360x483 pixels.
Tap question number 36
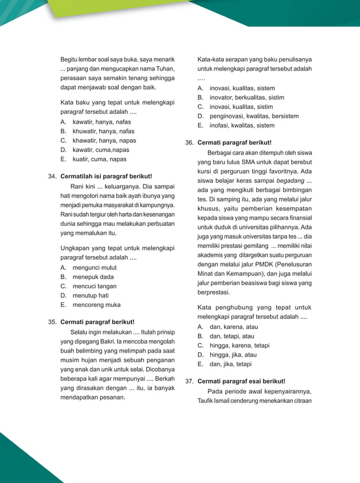pyautogui.click(x=190, y=143)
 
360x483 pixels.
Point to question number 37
pyautogui.click(x=190, y=381)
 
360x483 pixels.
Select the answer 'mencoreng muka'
pyautogui.click(x=96, y=305)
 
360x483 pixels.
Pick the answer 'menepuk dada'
pyautogui.click(x=93, y=277)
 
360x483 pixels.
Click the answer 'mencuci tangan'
pyautogui.click(x=95, y=286)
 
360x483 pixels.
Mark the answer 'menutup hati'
pyautogui.click(x=90, y=295)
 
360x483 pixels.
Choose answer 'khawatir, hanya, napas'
pyautogui.click(x=104, y=140)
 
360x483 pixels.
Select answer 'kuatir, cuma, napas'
pyautogui.click(x=99, y=159)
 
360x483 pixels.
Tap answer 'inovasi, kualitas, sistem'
pyautogui.click(x=242, y=89)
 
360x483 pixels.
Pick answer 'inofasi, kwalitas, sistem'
pyautogui.click(x=242, y=125)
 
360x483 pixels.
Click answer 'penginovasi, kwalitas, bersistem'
pyautogui.click(x=254, y=116)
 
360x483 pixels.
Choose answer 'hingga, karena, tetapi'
pyautogui.click(x=239, y=345)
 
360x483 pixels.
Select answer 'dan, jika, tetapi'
pyautogui.click(x=230, y=364)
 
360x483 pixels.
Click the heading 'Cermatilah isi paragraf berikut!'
pyautogui.click(x=106, y=177)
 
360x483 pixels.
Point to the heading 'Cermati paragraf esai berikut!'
pyautogui.click(x=241, y=381)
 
